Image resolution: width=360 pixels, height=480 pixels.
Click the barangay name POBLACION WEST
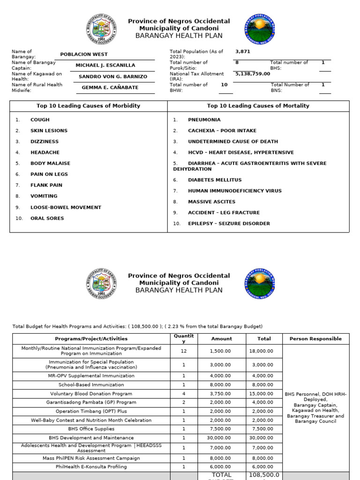(84, 54)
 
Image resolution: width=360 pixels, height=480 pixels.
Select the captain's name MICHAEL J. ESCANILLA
(105, 66)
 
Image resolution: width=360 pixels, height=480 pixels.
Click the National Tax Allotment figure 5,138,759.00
(253, 74)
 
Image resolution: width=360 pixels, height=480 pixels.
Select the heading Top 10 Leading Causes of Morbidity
(88, 106)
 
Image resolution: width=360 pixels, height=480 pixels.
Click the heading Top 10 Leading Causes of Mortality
(258, 106)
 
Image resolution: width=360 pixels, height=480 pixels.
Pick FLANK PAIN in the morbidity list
(46, 185)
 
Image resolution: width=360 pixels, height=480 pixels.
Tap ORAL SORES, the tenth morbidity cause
(47, 218)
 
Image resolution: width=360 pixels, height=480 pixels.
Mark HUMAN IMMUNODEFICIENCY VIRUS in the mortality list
(235, 191)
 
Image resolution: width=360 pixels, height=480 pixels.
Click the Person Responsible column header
(315, 338)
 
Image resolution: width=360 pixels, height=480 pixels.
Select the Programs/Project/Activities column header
(91, 338)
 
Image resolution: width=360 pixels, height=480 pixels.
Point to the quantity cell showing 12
(184, 351)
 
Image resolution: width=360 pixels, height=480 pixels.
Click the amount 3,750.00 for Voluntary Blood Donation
(221, 394)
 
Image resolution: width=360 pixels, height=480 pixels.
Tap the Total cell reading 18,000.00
(264, 351)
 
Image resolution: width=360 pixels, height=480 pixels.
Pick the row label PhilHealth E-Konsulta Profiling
(91, 467)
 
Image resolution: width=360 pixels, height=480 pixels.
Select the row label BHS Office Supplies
(91, 429)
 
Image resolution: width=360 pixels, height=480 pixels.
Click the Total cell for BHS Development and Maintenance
(264, 438)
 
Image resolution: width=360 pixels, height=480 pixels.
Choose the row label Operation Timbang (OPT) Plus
(91, 411)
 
